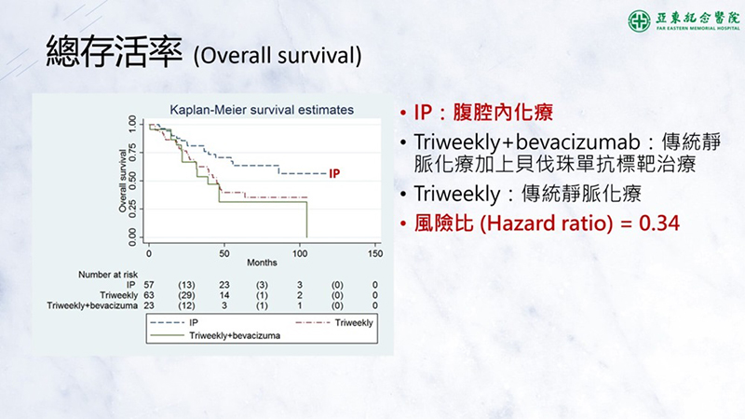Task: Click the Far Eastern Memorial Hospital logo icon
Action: point(639,20)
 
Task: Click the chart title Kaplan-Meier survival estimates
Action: point(262,110)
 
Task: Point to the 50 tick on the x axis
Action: point(224,253)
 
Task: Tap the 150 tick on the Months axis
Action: point(375,253)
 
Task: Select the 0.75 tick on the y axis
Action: point(132,153)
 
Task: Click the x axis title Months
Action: point(262,263)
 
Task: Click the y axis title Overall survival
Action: point(123,181)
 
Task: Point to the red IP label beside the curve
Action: point(334,174)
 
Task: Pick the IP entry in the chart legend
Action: point(174,322)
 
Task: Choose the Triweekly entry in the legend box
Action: point(334,322)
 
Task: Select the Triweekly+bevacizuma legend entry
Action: point(215,336)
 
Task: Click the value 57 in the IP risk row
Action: point(149,285)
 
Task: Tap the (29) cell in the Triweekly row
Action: point(186,295)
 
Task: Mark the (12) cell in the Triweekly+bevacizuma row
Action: point(186,306)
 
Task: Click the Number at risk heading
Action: point(108,275)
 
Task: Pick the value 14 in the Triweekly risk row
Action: point(224,295)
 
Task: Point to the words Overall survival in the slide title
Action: point(278,56)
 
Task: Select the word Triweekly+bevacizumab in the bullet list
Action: point(527,142)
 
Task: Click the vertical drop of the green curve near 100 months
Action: point(307,220)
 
